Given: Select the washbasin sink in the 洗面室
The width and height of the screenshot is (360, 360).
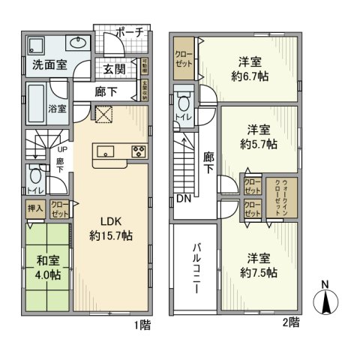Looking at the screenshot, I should pyautogui.click(x=79, y=41).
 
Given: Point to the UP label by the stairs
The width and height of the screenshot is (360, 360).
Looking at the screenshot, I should pyautogui.click(x=61, y=149).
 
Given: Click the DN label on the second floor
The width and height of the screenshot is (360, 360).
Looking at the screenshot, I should pyautogui.click(x=183, y=199).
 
